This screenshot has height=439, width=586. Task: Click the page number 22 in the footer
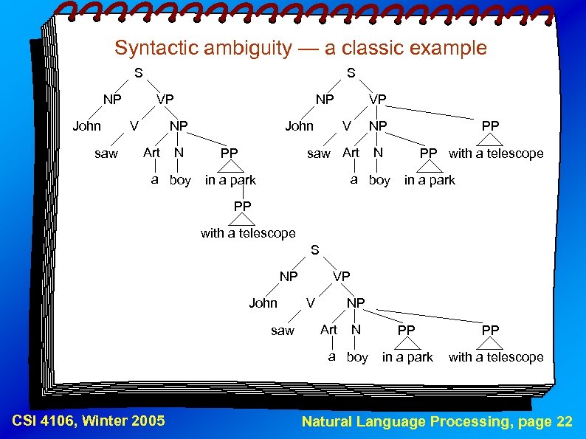coord(564,421)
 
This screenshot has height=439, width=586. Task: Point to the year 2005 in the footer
coord(147,421)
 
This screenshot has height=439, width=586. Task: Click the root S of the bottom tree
coord(314,250)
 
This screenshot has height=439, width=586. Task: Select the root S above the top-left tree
coord(138,73)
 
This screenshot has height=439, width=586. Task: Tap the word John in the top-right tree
coord(299,126)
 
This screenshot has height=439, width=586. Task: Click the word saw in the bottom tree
coord(282,331)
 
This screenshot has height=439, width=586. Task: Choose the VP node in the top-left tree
coord(165,100)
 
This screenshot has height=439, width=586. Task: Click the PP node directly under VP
coord(490,126)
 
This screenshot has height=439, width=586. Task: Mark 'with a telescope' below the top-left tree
coord(248,233)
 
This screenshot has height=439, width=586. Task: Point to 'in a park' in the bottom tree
coord(407,357)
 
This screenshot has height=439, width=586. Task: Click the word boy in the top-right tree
coord(379,180)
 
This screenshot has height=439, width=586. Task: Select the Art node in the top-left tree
coord(151,153)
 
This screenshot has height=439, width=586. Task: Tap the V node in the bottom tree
coord(311,303)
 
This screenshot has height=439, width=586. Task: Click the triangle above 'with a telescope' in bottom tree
coord(490,344)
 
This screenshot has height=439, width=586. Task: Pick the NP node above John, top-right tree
coord(325,100)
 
